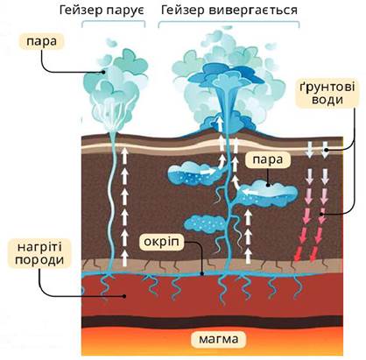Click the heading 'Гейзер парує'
pos(102,11)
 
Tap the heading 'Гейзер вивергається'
pos(229,11)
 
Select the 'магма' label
pos(219,339)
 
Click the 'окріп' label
pos(161,242)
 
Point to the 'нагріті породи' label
pos(39,253)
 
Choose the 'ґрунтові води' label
pos(327,93)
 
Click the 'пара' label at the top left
pos(41,41)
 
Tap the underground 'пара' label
pos(268,159)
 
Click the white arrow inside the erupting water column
pos(219,124)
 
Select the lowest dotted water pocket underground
pos(205,224)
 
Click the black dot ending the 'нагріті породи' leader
pos(124,296)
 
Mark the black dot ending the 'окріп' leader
pos(202,273)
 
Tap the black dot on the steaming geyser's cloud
pos(103,71)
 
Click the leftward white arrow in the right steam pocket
pos(254,192)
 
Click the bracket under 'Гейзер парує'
pos(113,22)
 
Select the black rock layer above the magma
pos(212,321)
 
